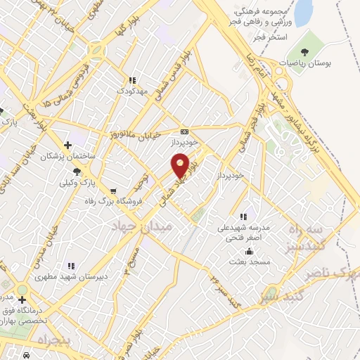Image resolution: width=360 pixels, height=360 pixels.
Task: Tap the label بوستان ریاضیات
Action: (x=304, y=63)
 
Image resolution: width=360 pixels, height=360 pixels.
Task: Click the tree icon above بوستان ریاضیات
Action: (x=304, y=52)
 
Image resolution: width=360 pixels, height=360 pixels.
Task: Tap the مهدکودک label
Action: (x=131, y=91)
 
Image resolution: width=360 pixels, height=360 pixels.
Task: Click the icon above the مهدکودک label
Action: (x=131, y=80)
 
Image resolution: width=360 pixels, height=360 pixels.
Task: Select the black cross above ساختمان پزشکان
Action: (x=67, y=144)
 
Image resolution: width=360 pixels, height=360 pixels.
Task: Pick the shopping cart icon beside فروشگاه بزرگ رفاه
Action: (x=112, y=190)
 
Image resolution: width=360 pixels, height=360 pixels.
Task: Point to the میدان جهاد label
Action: (x=141, y=224)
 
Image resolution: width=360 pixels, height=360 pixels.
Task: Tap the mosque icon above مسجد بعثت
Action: (x=248, y=251)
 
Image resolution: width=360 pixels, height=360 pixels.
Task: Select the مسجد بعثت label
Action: (x=247, y=262)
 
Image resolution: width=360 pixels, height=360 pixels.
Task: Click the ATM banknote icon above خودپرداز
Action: (x=184, y=131)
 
